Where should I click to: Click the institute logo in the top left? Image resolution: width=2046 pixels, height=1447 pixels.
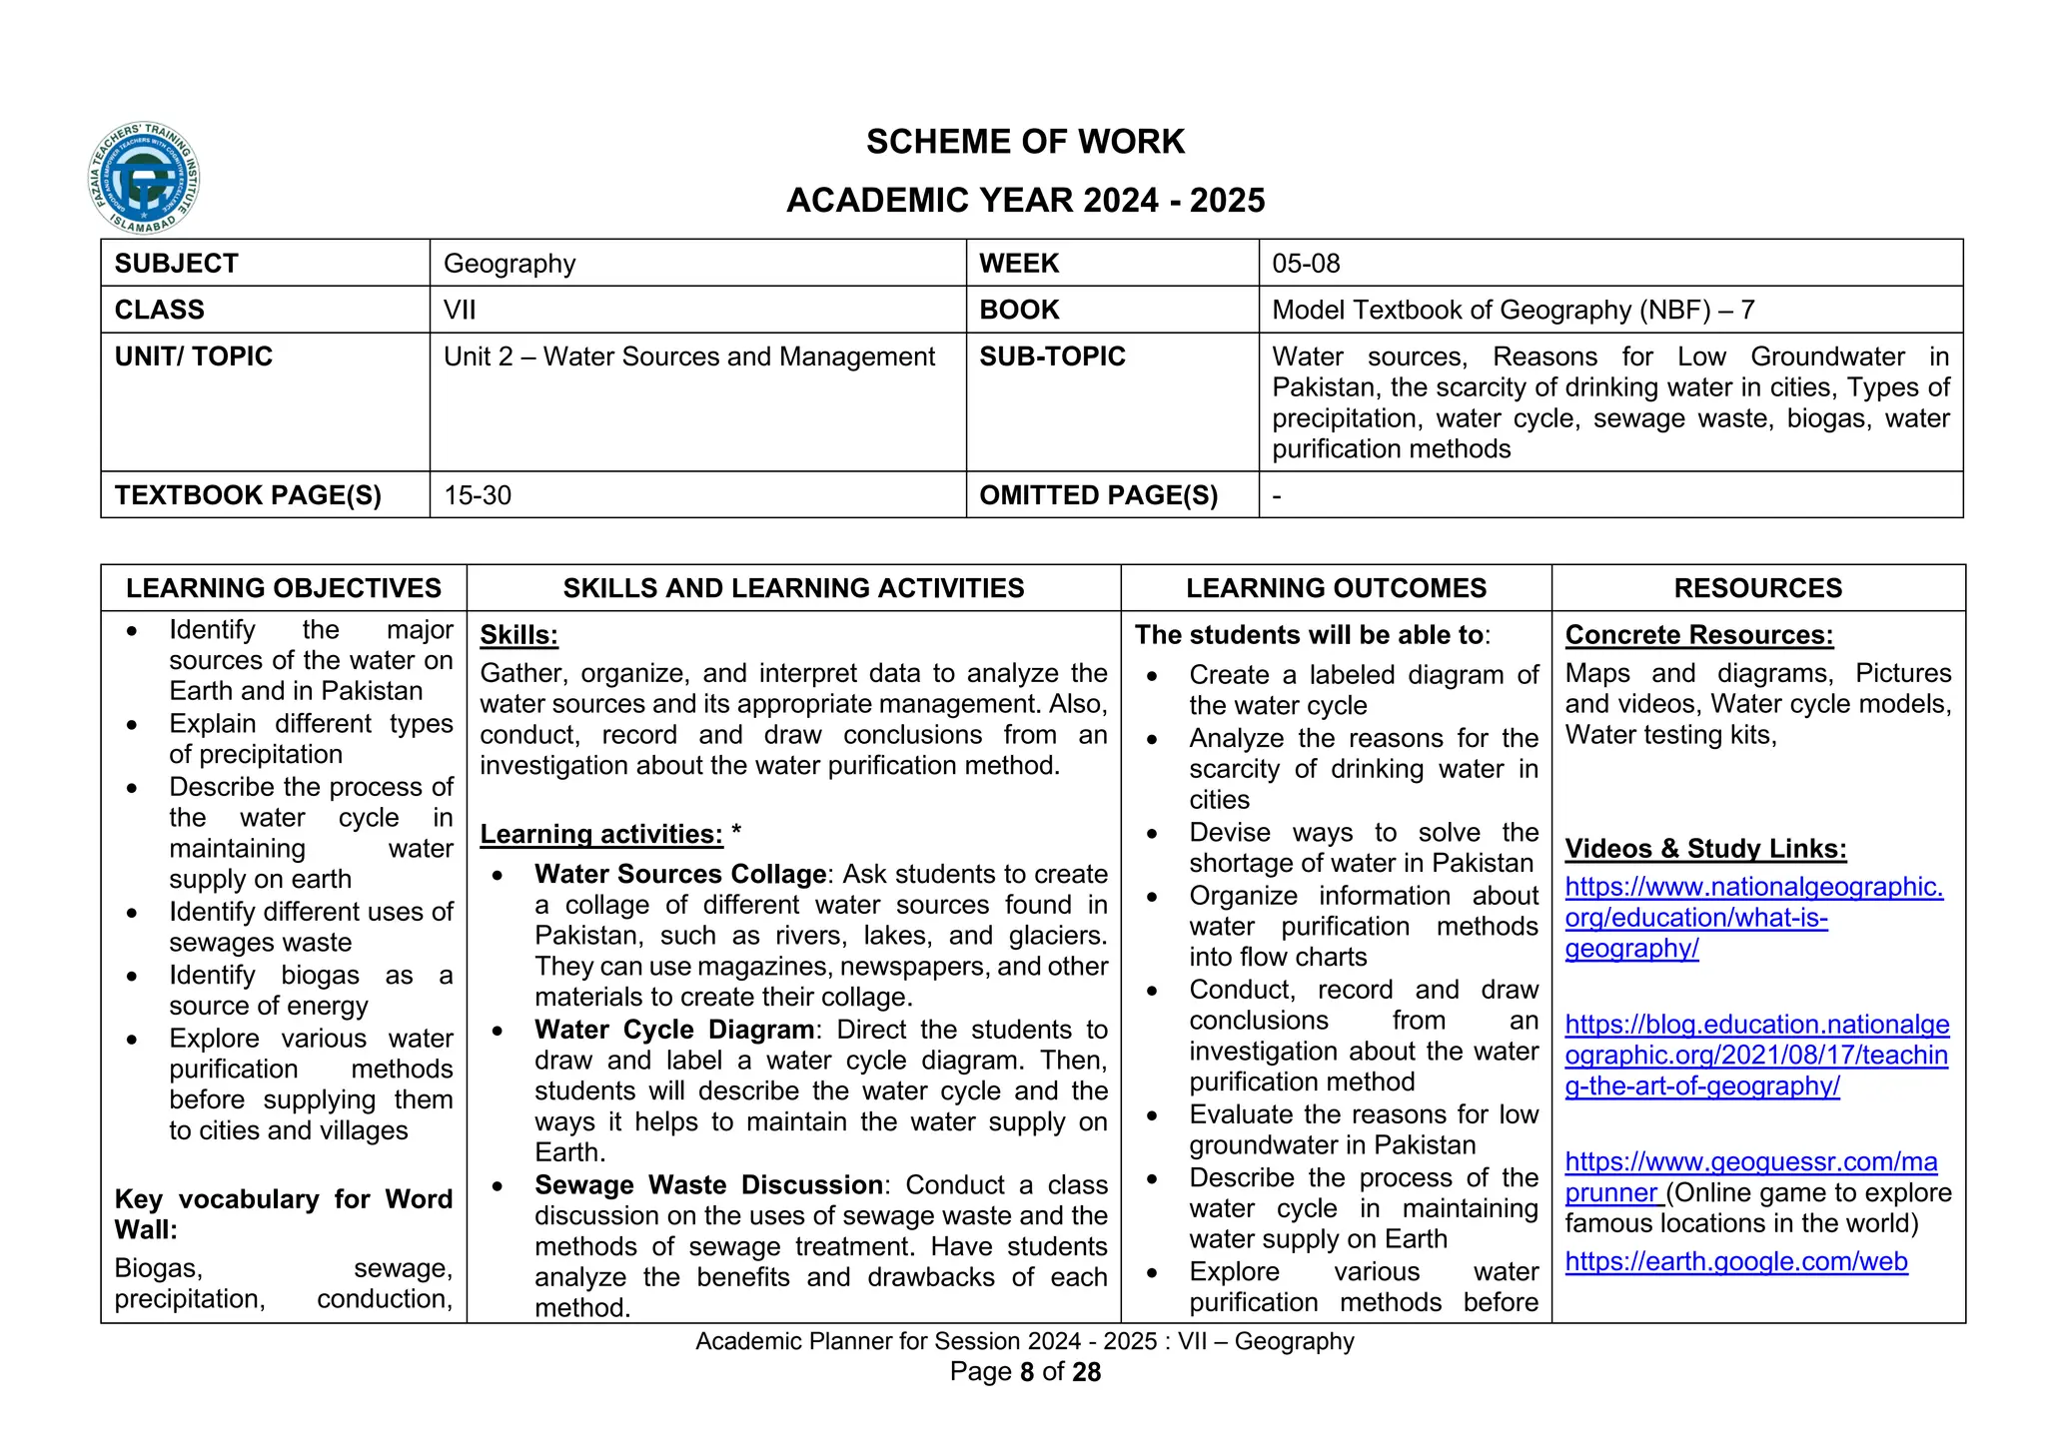point(144,179)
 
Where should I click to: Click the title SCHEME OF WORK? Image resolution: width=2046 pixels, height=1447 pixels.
point(1025,142)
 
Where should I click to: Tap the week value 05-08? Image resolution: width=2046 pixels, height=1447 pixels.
point(1306,264)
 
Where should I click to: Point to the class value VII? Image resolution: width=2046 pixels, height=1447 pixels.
point(460,310)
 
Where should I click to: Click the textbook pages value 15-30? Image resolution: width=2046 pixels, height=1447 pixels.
point(478,495)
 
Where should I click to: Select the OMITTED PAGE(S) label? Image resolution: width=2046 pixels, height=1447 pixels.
point(1098,495)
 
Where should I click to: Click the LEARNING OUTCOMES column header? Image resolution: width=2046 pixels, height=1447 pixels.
point(1336,588)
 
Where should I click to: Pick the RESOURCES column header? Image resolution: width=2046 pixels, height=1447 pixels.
point(1757,588)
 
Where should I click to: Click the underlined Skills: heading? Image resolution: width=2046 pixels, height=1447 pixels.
point(518,635)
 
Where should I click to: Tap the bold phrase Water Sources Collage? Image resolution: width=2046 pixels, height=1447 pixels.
point(680,874)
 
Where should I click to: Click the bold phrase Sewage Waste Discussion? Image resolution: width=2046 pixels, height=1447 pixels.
point(708,1185)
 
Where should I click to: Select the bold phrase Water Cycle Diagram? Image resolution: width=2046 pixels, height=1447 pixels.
point(674,1030)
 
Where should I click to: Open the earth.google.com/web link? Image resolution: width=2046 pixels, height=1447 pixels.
point(1735,1262)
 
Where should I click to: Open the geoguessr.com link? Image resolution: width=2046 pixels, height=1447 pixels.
point(1750,1163)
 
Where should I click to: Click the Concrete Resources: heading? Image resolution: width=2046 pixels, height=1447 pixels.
point(1698,635)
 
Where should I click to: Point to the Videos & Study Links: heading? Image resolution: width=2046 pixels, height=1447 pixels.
point(1705,849)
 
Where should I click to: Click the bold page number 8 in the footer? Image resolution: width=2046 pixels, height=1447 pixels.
point(1027,1373)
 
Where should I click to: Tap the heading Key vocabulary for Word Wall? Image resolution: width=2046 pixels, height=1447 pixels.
point(283,1213)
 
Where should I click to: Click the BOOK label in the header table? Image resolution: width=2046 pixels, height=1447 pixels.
point(1018,310)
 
